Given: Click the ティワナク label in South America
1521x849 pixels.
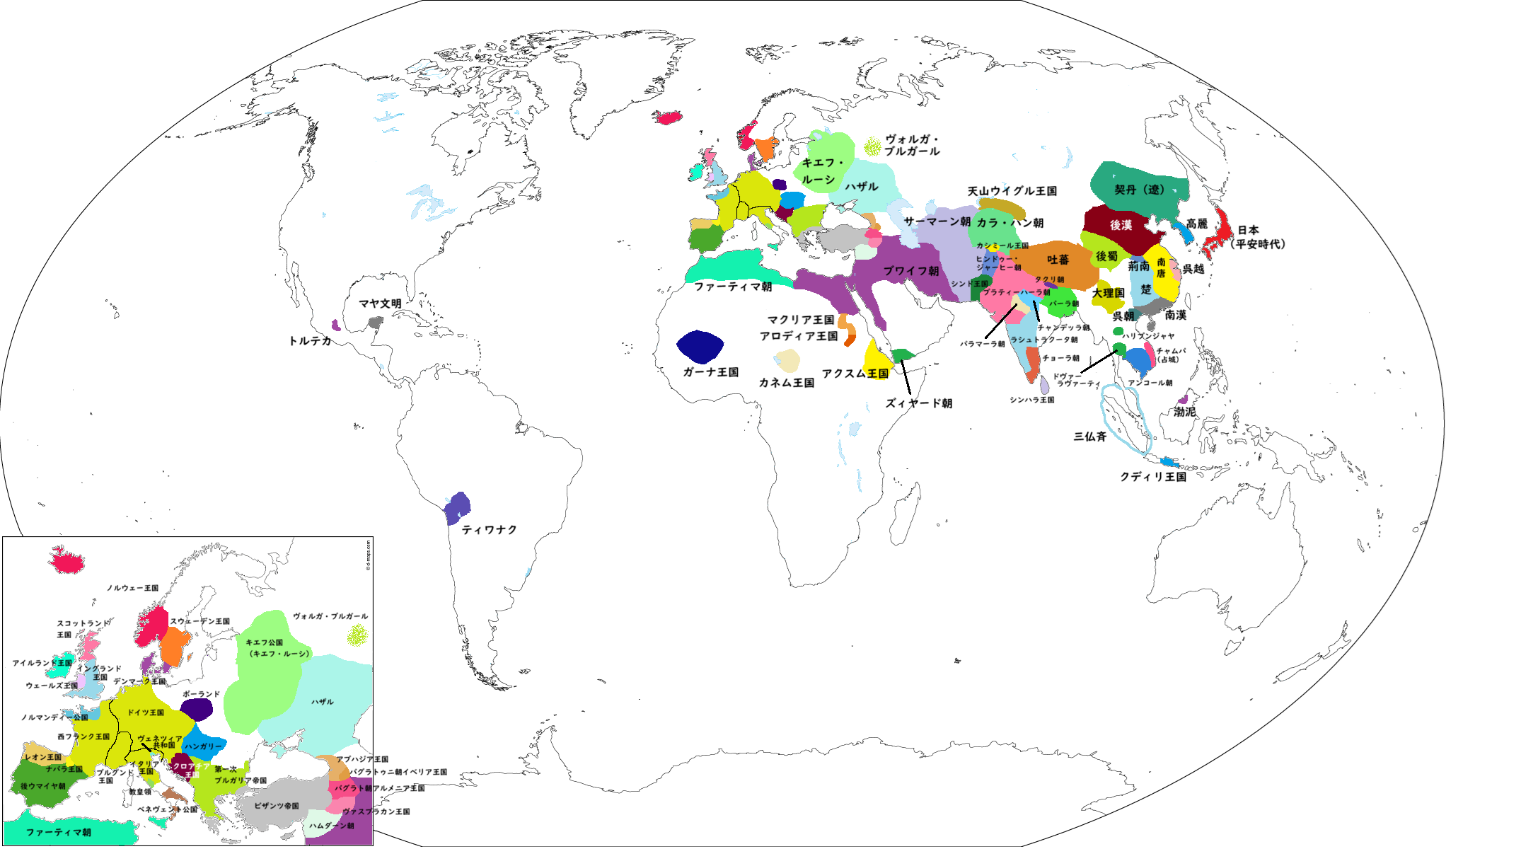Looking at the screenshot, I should (x=489, y=530).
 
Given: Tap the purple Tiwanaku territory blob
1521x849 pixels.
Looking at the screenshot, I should (x=458, y=507).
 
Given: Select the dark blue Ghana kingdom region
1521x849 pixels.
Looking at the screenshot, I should (x=700, y=346).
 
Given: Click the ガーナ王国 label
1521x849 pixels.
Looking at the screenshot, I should (x=710, y=372).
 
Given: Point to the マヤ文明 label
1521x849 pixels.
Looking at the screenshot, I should (x=380, y=304).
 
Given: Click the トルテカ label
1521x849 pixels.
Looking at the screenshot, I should (x=310, y=341).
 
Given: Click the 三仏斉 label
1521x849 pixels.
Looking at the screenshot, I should (x=1089, y=437).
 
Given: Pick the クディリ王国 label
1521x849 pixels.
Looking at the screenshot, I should (x=1152, y=477).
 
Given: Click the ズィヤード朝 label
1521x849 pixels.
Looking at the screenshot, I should (x=918, y=403).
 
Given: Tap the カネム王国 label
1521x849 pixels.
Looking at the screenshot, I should (x=786, y=383).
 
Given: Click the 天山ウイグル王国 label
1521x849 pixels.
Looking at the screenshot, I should (x=1012, y=191).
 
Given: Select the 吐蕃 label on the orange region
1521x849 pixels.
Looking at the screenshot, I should (x=1058, y=260).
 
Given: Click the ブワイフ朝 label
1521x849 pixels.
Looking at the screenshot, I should (x=910, y=271).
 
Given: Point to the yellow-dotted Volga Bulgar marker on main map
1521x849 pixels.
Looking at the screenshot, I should (x=872, y=146).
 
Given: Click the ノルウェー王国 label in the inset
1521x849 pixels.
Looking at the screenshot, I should (x=132, y=588).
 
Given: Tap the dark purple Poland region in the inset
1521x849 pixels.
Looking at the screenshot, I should (x=197, y=709).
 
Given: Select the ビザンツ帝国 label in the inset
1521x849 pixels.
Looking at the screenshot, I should (x=276, y=806).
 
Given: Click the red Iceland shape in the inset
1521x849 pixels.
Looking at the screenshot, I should (x=66, y=560).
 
